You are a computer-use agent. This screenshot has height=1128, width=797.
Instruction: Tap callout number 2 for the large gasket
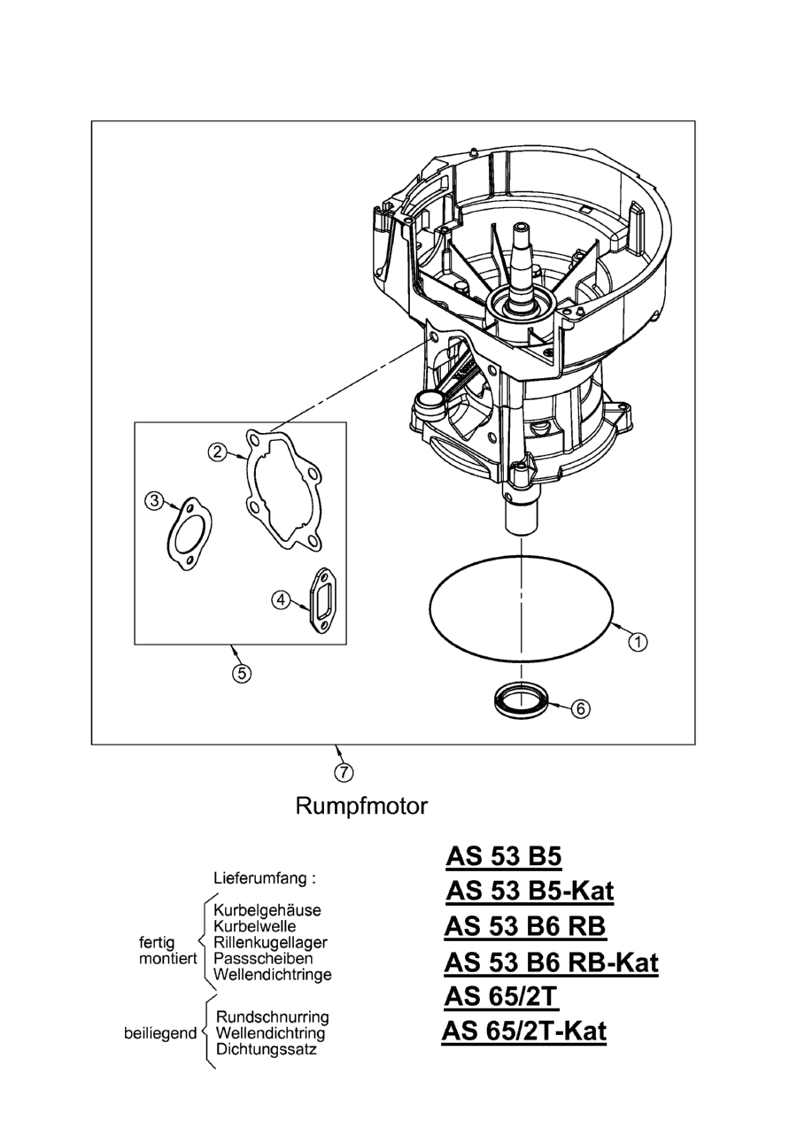click(x=216, y=452)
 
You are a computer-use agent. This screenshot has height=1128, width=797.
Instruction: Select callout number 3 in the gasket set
click(x=154, y=501)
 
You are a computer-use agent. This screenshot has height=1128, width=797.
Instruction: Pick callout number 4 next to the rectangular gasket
click(x=281, y=599)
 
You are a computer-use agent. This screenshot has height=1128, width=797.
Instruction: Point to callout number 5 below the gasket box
click(x=240, y=673)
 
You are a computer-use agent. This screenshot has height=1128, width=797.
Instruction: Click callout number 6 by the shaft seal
click(x=580, y=708)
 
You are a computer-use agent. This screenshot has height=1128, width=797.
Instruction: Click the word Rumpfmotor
click(x=361, y=807)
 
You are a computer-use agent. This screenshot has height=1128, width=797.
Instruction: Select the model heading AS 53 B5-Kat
click(x=530, y=890)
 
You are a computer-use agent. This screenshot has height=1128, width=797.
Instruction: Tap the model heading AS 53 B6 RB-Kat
click(x=551, y=962)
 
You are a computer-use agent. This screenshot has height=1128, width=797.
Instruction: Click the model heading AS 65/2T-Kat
click(x=523, y=1031)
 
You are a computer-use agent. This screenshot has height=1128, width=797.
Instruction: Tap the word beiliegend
click(x=160, y=1033)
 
